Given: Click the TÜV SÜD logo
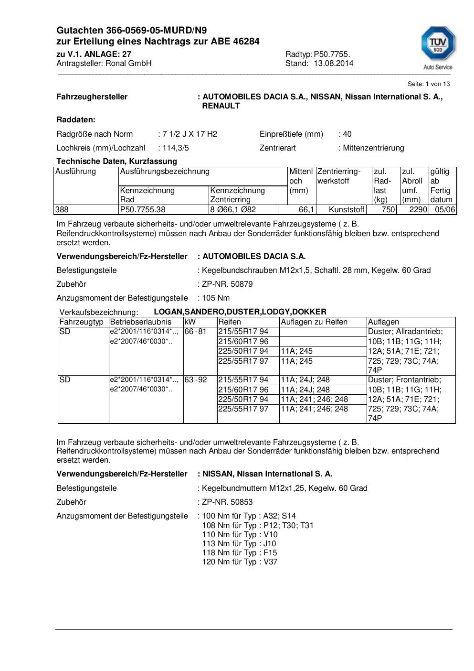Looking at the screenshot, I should [438, 48].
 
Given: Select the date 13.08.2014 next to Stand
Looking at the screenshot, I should [333, 64].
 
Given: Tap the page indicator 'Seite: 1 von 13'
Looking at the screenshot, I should [428, 84].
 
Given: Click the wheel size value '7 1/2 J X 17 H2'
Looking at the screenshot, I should [190, 134].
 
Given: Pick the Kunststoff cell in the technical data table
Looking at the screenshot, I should [347, 210].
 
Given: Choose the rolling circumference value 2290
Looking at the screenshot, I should [418, 210].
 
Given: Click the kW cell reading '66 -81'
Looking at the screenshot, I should [196, 332].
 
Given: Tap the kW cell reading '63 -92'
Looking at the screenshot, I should [196, 380].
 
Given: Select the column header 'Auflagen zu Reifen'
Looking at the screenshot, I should [314, 322].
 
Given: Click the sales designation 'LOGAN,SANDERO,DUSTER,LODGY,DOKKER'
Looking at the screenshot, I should [240, 312].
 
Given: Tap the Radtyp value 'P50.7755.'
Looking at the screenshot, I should [332, 54].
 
